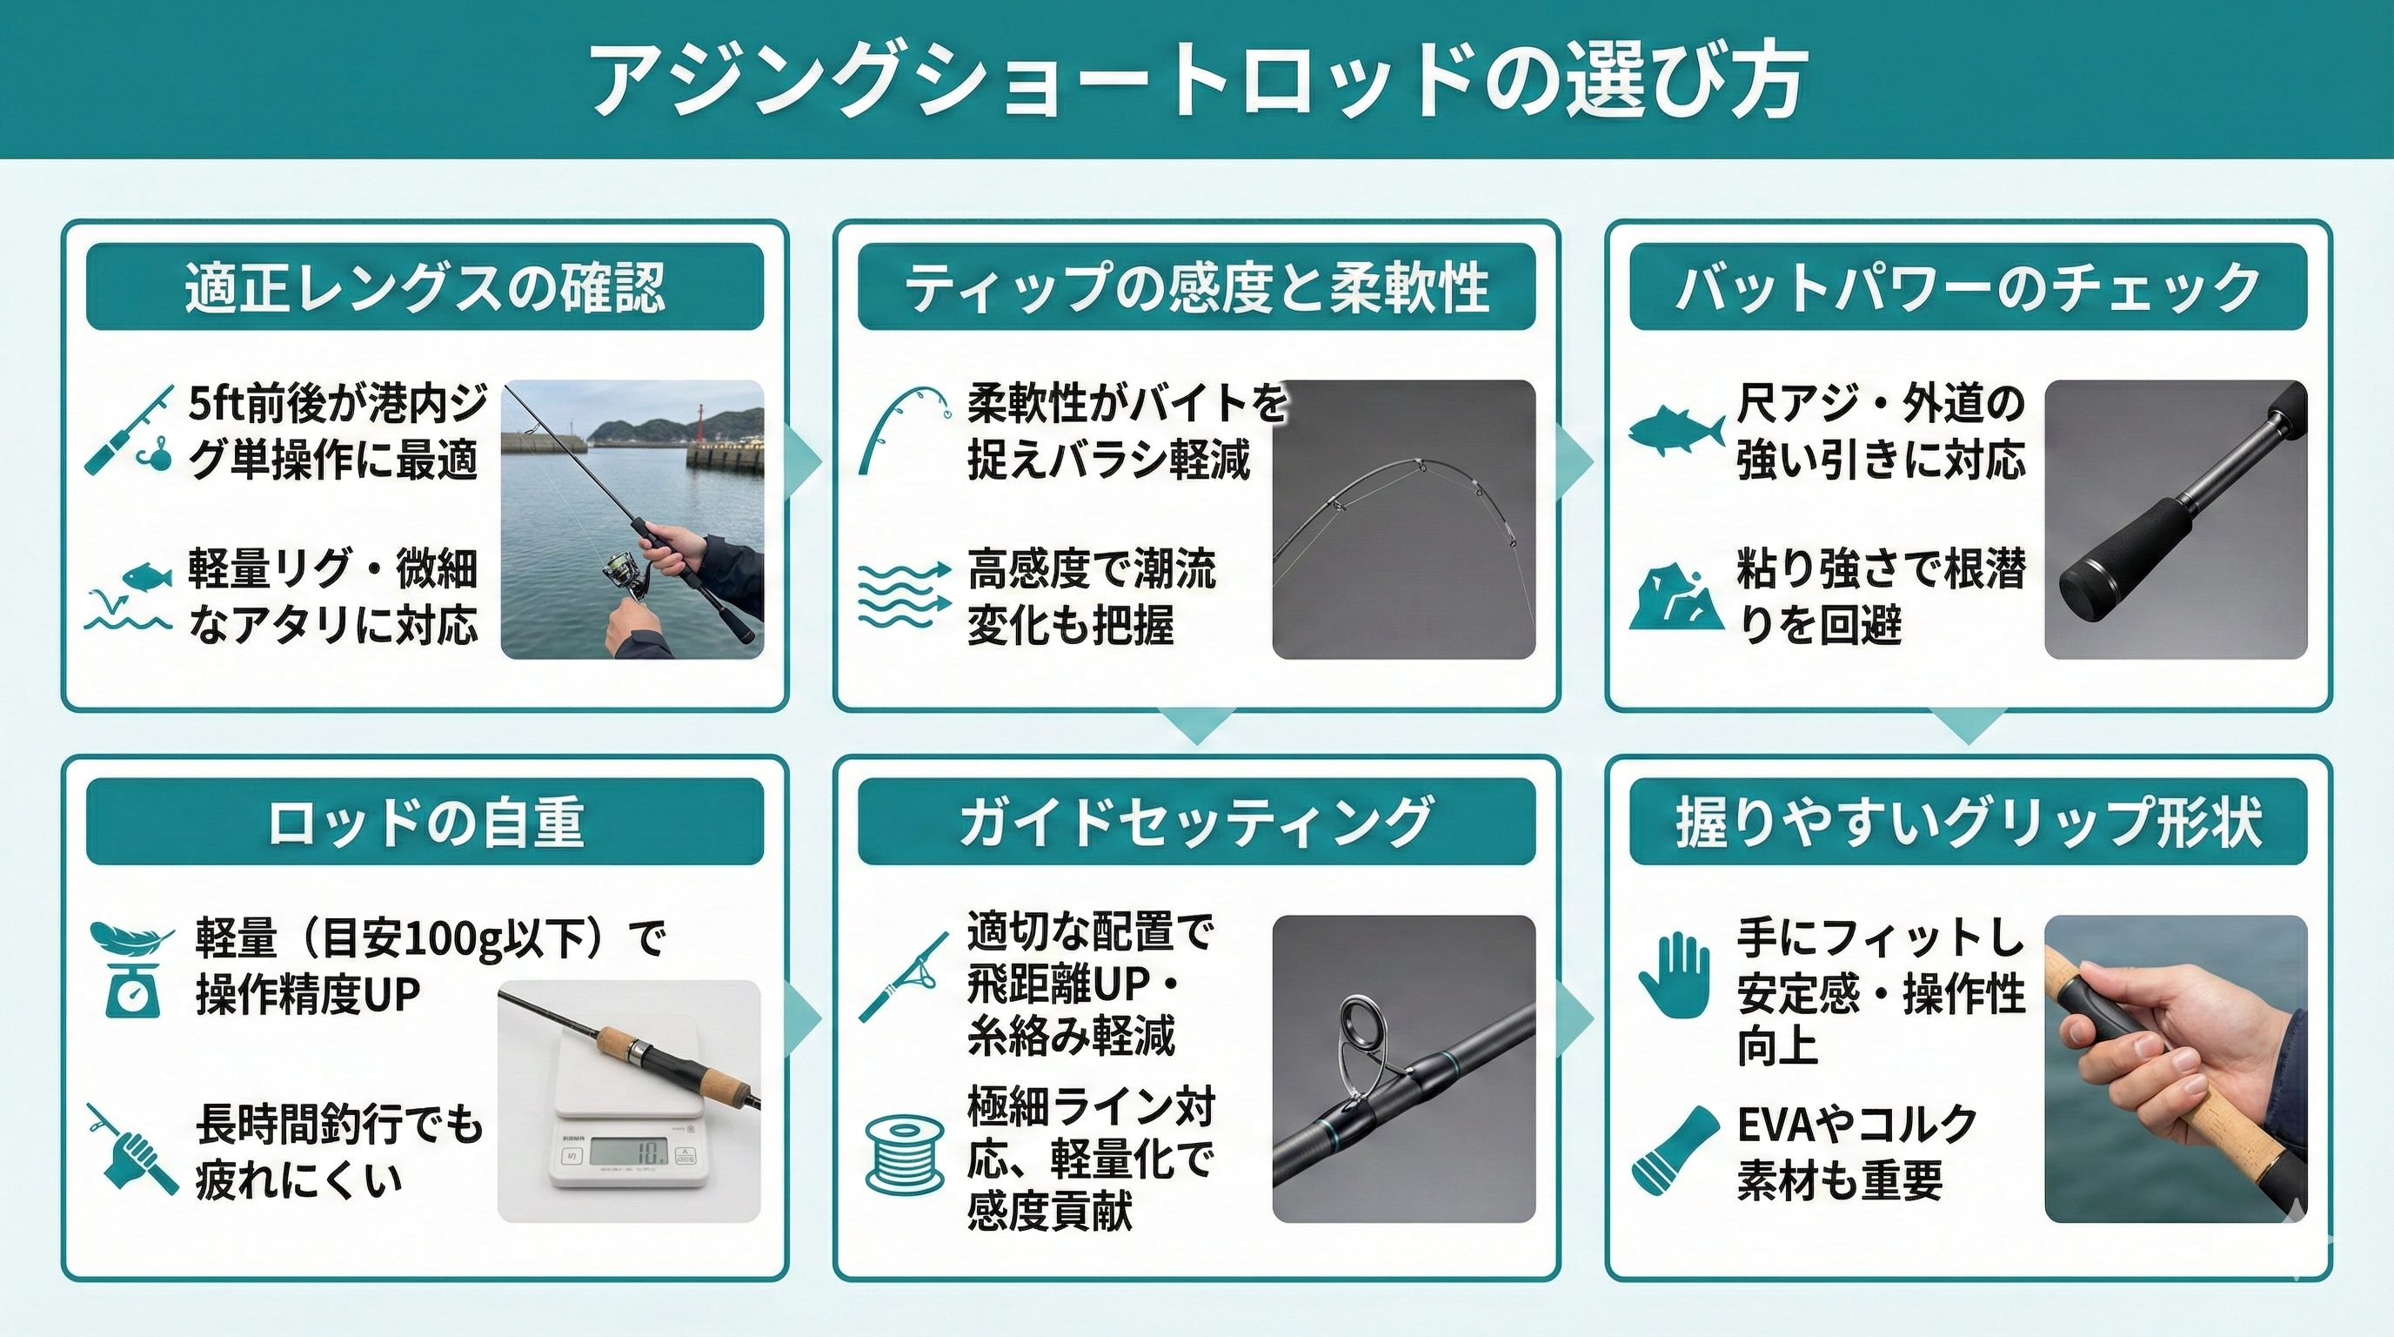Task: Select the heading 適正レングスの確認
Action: pos(425,287)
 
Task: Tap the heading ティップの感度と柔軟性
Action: pos(1196,287)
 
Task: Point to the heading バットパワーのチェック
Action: pos(1968,287)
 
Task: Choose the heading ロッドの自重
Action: pos(425,822)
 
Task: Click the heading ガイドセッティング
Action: pos(1196,822)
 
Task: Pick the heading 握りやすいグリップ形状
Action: pos(1968,822)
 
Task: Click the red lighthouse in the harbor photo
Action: pos(698,424)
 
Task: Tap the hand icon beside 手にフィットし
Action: pos(1674,974)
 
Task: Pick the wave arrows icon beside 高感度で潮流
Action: pos(904,593)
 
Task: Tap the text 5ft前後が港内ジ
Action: pos(338,404)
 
